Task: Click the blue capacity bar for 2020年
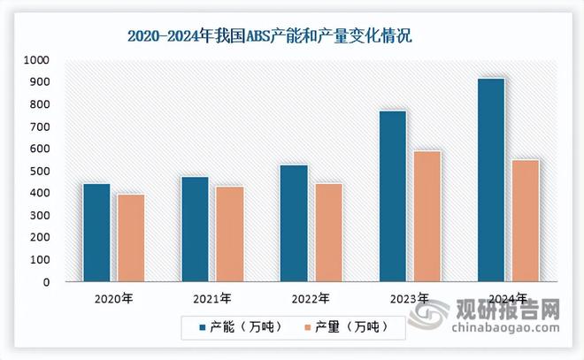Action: click(96, 233)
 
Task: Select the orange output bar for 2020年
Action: click(130, 238)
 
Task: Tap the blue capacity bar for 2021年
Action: click(196, 229)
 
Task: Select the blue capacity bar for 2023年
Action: click(393, 196)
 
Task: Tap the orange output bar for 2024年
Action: click(526, 220)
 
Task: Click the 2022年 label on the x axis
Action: click(311, 298)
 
